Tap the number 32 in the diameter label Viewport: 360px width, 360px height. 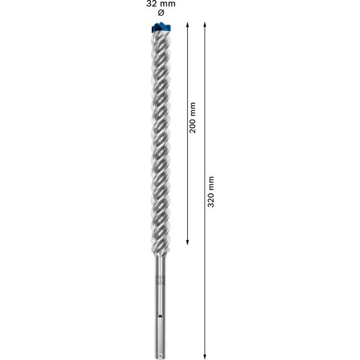pos(152,4)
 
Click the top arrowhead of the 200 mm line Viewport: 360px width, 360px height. pos(188,25)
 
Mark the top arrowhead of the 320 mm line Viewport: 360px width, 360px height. pos(205,25)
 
